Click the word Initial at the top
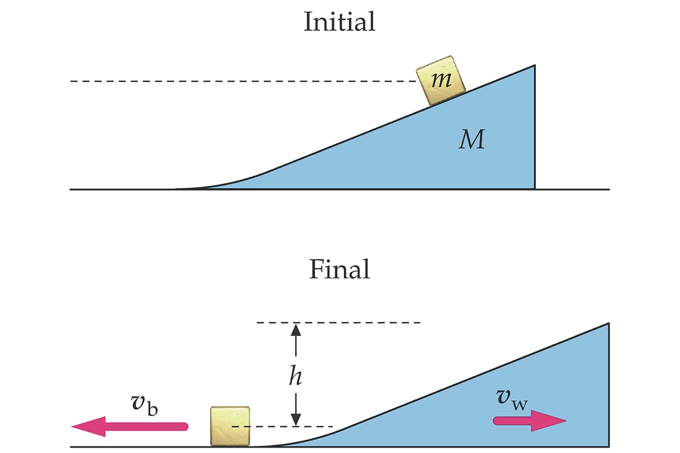coord(339,22)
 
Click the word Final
coord(339,269)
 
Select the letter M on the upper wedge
coord(472,141)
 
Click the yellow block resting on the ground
coord(230,426)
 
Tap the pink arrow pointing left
coord(130,425)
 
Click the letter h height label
coord(296,375)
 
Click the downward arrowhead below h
coord(296,419)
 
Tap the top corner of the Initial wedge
coord(534,65)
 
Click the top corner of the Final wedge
coord(608,324)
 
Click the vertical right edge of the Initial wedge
coord(535,130)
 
